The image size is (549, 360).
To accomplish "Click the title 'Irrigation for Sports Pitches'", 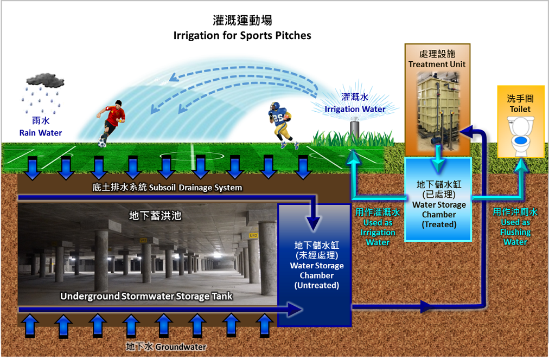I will tap(242, 36).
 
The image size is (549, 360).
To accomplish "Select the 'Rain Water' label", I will tap(41, 133).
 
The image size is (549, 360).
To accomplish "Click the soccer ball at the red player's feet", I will tap(102, 144).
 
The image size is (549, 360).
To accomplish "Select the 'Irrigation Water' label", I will tap(355, 109).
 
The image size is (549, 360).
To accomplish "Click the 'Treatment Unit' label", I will tap(437, 64).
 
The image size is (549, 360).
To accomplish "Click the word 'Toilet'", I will tap(520, 109).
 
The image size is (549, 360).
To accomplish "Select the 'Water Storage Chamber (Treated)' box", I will tap(439, 200).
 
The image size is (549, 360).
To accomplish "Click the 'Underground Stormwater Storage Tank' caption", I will tap(146, 296).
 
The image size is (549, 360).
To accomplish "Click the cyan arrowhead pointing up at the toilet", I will tap(525, 166).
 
